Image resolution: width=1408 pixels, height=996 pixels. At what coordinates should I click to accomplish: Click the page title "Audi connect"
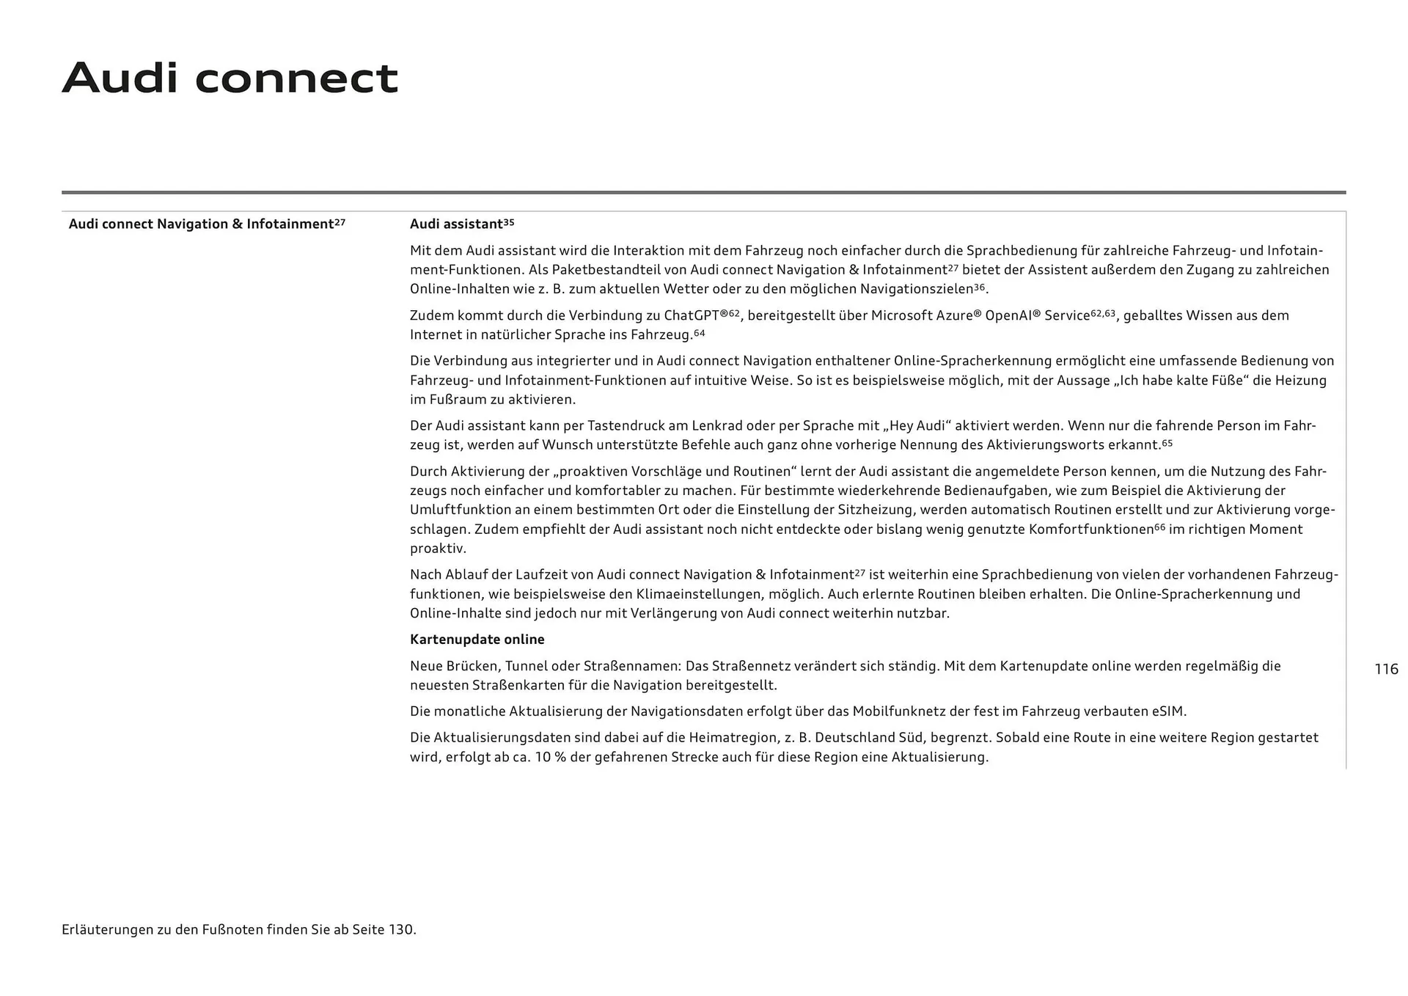coord(230,78)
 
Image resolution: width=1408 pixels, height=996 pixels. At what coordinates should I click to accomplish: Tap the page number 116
coord(1386,669)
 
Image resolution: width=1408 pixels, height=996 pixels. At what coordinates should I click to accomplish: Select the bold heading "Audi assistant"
coord(456,224)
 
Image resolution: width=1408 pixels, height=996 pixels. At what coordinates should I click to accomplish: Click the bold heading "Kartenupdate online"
coord(477,640)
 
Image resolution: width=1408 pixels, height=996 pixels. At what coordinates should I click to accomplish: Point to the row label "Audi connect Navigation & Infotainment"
coord(201,224)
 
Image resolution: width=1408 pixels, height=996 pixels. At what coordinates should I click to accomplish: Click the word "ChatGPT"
coord(692,315)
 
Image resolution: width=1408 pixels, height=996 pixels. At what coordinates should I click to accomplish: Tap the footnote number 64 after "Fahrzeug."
coord(699,334)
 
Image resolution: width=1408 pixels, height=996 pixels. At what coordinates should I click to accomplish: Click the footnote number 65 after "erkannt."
coord(1167,443)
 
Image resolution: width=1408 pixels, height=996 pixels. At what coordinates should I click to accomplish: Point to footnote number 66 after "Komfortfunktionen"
coord(1159,527)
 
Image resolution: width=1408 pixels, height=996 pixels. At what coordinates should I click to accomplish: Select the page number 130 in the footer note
coord(400,930)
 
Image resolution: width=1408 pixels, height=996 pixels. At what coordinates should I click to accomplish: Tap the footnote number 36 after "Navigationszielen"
coord(979,288)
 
